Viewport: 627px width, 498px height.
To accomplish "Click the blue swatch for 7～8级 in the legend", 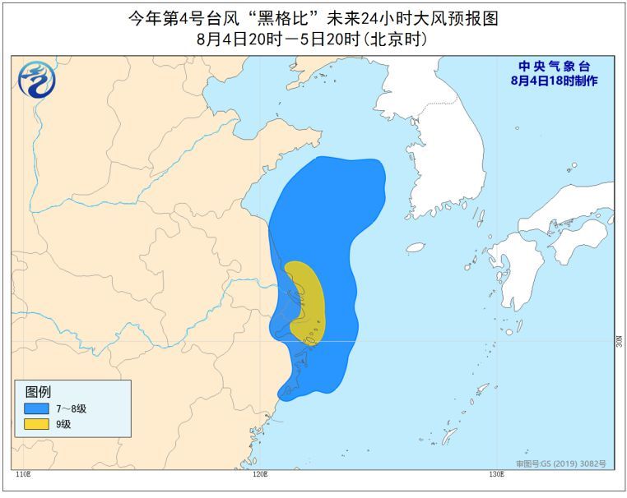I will [x=36, y=408].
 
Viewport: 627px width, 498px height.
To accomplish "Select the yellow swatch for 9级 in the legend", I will [x=36, y=424].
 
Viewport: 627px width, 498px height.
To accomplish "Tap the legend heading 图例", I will [x=38, y=392].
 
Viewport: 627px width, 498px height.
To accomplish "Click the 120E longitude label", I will [x=261, y=474].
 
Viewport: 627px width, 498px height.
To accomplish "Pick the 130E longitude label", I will [x=496, y=474].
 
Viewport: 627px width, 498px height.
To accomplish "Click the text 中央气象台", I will [x=554, y=67].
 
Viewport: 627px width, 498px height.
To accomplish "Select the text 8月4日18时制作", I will [x=554, y=81].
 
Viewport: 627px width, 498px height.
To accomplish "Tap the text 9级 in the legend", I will [x=63, y=424].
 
